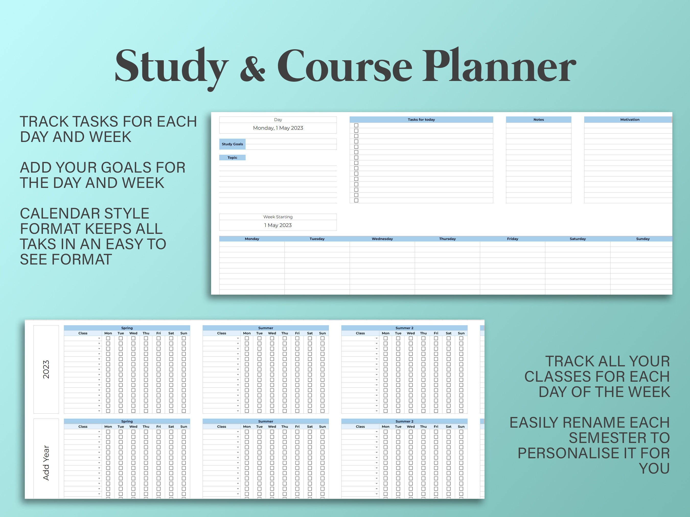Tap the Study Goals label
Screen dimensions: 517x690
[232, 144]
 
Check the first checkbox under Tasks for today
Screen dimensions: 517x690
[356, 126]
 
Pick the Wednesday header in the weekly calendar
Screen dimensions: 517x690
[382, 239]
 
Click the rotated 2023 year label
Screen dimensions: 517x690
[46, 369]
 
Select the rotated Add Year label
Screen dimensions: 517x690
[46, 463]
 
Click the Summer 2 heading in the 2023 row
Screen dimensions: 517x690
[404, 328]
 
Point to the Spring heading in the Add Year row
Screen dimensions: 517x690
[127, 422]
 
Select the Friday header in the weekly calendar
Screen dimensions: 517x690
[512, 239]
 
